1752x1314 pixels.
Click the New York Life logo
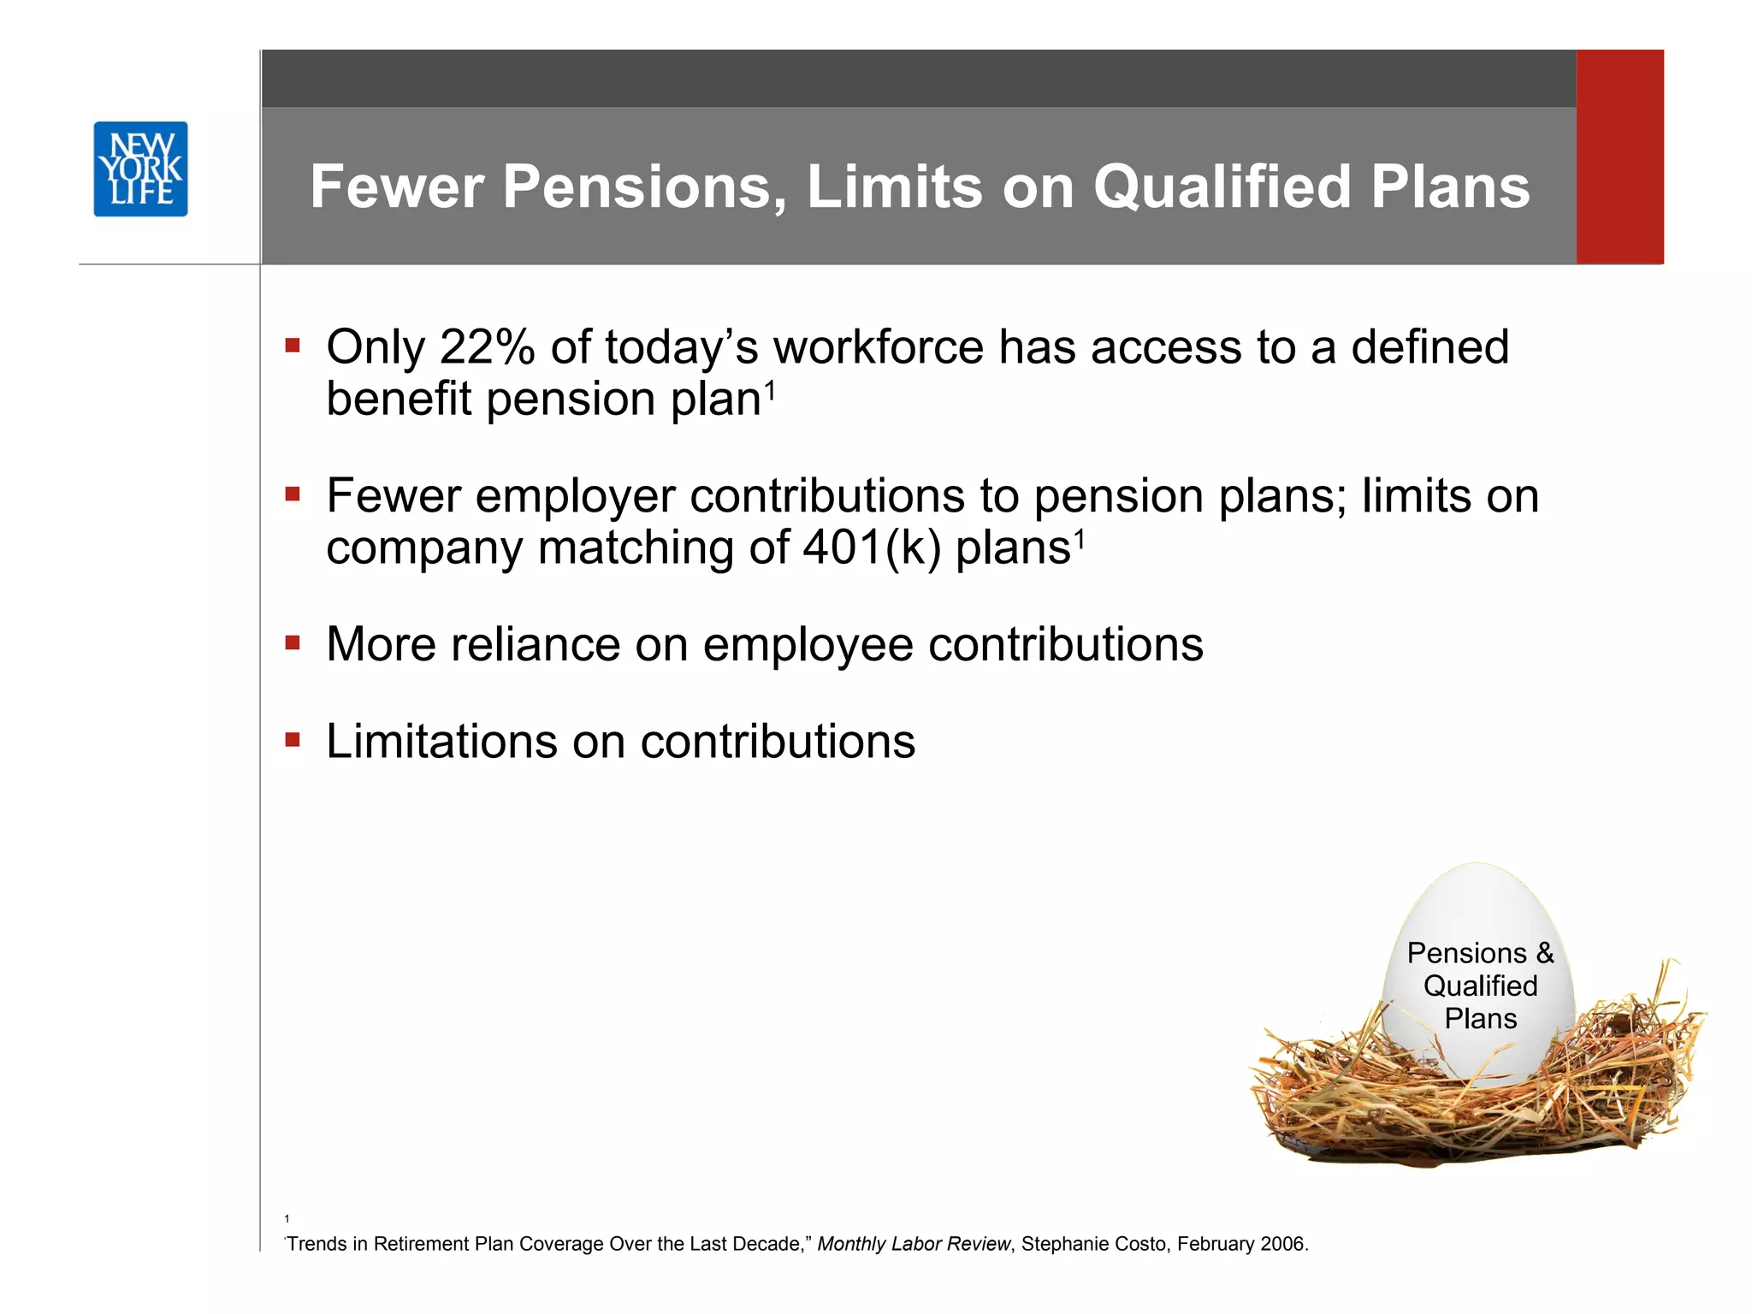140,169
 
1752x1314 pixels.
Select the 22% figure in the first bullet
487,347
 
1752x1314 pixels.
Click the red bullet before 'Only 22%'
293,346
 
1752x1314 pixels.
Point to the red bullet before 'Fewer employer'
293,494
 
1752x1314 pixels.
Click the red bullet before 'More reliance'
293,642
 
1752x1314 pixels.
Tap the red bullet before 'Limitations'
293,739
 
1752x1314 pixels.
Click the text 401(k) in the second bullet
872,547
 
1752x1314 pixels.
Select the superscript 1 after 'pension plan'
770,391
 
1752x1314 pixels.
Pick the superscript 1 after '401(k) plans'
1080,540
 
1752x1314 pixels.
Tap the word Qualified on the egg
1480,985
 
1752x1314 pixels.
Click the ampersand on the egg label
1544,953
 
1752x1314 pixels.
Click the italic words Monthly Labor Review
913,1244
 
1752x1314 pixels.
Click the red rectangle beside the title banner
1619,157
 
